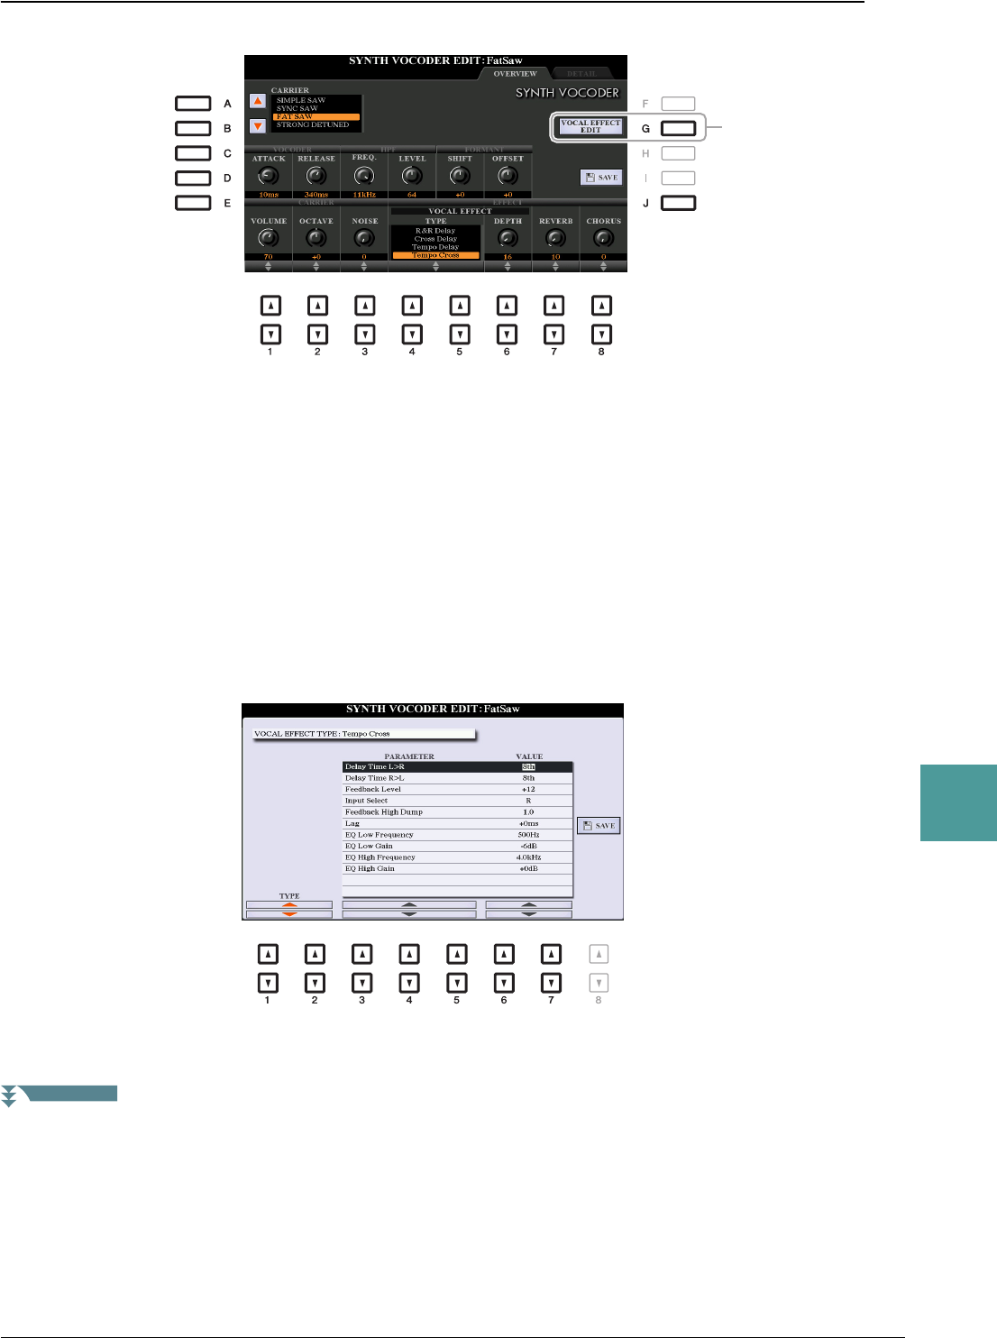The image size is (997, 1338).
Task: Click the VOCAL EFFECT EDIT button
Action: [x=590, y=127]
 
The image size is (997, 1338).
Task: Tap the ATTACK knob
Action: [x=269, y=176]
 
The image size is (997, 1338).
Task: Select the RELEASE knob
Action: [x=316, y=176]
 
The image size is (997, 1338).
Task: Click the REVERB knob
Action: [x=555, y=238]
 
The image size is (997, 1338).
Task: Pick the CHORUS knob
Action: [x=603, y=238]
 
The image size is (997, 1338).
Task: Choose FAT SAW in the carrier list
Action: [x=316, y=116]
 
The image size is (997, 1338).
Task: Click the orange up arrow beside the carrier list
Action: [x=258, y=102]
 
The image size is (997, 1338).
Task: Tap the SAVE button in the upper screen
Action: [x=601, y=178]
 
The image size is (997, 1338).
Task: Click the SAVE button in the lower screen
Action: [x=599, y=826]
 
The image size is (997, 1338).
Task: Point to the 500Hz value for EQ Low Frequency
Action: [x=528, y=835]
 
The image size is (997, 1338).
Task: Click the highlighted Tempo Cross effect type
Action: [x=435, y=255]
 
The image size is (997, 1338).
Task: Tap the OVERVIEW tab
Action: [x=515, y=74]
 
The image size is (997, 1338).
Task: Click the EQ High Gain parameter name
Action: [x=370, y=868]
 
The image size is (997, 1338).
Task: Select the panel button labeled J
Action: [x=678, y=204]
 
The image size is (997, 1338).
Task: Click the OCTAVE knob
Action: [x=316, y=238]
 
